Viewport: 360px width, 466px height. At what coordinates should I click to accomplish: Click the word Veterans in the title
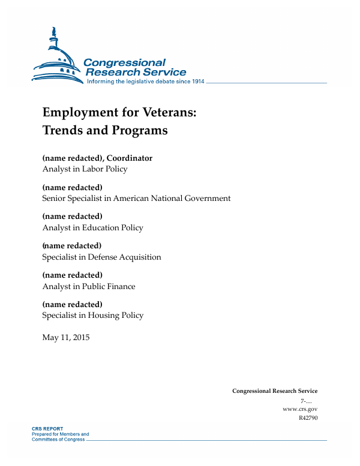160,112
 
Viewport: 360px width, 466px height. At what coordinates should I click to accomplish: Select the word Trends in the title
63,130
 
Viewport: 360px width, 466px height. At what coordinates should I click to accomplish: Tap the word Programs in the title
137,130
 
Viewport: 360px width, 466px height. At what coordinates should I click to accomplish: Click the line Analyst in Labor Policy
85,169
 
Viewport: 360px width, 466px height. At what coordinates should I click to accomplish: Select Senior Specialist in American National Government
136,199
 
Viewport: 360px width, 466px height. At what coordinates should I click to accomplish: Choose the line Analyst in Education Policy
92,228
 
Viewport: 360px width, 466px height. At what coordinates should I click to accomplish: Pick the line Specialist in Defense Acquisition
101,257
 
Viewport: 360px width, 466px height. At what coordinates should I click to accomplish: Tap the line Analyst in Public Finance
89,287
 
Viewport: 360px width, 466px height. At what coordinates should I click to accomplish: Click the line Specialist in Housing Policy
92,315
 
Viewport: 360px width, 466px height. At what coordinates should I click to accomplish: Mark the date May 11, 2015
65,338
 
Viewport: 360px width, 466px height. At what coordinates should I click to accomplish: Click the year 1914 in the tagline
197,82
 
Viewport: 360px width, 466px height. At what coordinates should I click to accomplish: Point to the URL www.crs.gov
299,408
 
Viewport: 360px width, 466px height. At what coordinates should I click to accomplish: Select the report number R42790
308,418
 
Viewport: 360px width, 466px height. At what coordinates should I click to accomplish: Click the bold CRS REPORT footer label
47,429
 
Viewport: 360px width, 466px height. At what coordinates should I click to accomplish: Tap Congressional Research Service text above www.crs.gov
275,391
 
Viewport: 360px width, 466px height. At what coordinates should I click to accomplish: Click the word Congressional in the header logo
124,63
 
